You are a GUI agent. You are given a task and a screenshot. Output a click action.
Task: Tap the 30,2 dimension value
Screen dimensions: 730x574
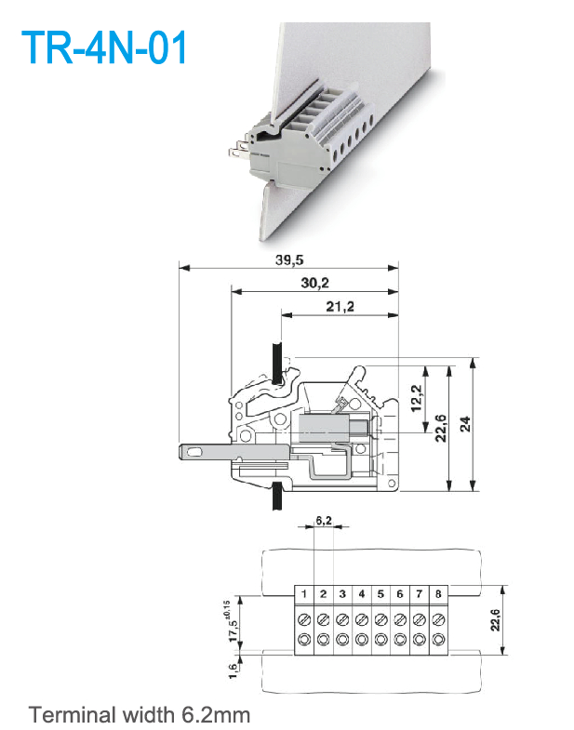[x=316, y=282]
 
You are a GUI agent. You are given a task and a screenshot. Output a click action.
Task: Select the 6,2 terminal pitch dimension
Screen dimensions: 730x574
[x=323, y=521]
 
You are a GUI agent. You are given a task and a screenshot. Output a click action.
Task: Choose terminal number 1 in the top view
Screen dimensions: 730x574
[x=304, y=593]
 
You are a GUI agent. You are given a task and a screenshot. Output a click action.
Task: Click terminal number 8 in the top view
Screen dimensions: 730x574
[x=437, y=593]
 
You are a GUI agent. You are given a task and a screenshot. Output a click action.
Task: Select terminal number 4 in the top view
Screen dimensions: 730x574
[x=361, y=593]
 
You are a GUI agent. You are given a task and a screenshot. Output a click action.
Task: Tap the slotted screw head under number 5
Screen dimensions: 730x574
[x=380, y=618]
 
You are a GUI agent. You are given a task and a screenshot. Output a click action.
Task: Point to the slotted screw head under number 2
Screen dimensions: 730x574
[x=323, y=618]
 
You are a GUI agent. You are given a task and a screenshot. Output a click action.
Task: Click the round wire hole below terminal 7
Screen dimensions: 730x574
[x=419, y=640]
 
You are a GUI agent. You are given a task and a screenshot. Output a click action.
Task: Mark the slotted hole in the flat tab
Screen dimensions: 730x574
[x=194, y=452]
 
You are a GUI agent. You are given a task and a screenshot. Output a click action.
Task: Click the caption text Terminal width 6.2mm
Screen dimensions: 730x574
[x=140, y=715]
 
